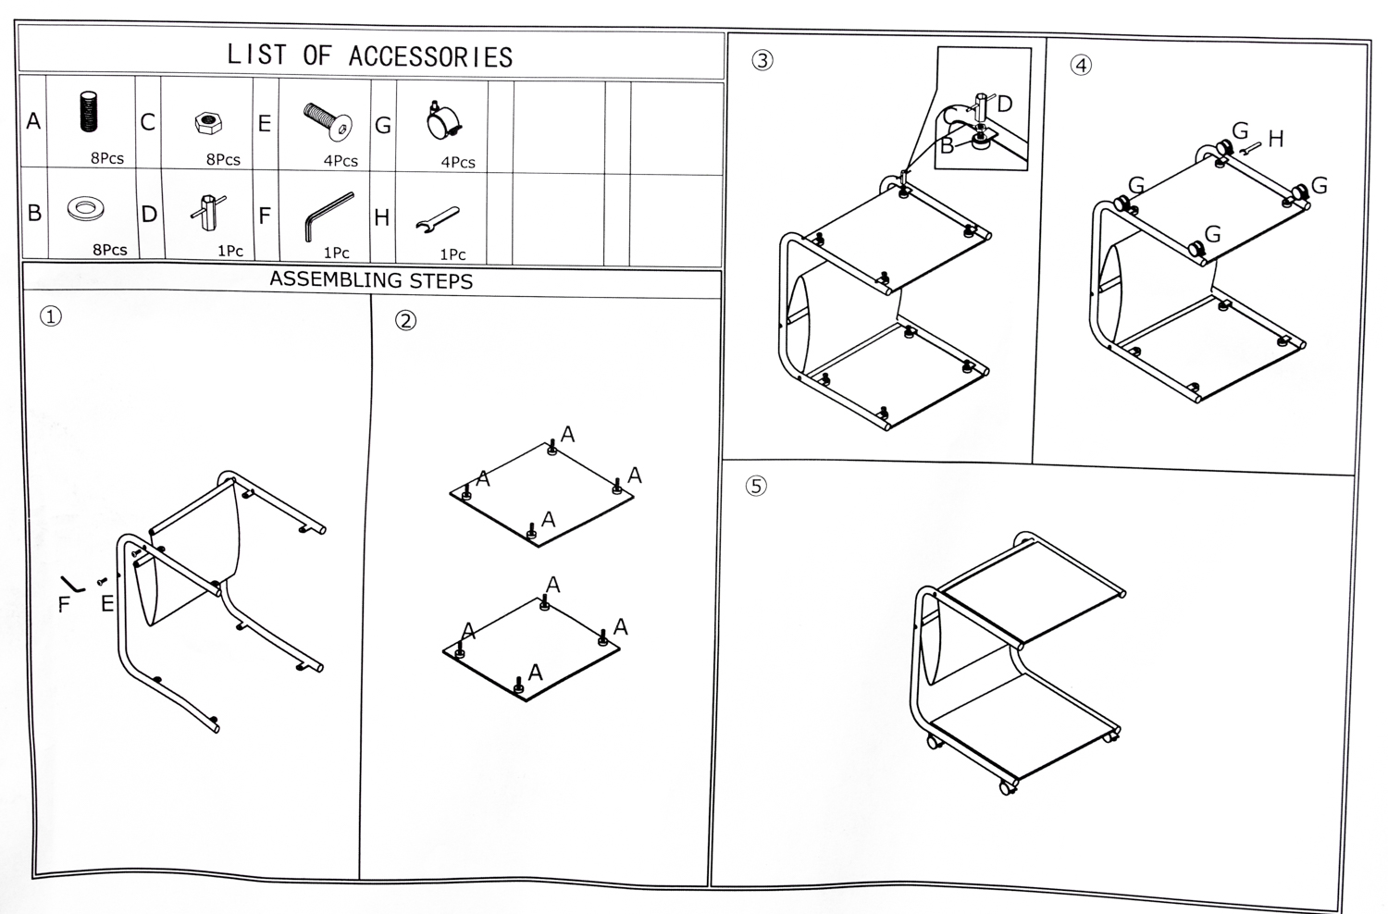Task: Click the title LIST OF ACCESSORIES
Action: (x=370, y=56)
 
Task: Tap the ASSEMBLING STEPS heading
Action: (x=371, y=280)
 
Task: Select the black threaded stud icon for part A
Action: (x=89, y=112)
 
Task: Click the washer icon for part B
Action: (x=85, y=208)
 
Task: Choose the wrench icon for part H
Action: (x=438, y=219)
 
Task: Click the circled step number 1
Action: (x=50, y=316)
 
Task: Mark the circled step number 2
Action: (x=405, y=320)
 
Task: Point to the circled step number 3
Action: (x=762, y=60)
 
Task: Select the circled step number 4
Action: (x=1080, y=65)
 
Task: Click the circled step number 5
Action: (x=756, y=486)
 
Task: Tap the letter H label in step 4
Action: (x=1276, y=140)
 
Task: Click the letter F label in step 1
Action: (x=64, y=605)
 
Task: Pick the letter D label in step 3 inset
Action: (x=1005, y=105)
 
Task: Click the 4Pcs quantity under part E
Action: (x=341, y=161)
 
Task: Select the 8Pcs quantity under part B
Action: (x=110, y=250)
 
